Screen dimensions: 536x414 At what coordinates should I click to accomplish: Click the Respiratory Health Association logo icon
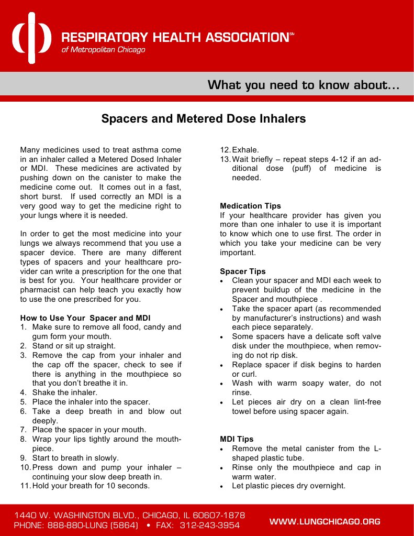(x=31, y=37)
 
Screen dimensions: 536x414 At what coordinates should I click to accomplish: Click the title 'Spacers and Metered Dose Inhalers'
(x=203, y=119)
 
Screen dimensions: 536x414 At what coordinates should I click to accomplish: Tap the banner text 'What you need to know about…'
(x=304, y=85)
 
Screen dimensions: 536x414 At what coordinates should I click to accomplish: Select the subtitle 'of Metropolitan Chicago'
(x=104, y=50)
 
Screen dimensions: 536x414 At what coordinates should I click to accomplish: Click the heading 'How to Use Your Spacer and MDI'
(x=85, y=318)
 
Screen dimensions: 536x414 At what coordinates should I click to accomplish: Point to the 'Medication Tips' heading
(x=250, y=206)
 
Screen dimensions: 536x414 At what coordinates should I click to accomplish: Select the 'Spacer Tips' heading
(x=242, y=271)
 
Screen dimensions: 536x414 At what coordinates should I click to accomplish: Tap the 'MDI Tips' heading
(x=237, y=439)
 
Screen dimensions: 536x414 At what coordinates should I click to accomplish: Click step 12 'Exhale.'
(x=245, y=149)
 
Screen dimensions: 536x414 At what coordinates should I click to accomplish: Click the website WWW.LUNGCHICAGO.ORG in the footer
(x=325, y=521)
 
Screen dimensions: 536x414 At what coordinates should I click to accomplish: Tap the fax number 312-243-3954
(x=209, y=526)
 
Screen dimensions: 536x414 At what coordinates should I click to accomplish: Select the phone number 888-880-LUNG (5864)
(x=93, y=526)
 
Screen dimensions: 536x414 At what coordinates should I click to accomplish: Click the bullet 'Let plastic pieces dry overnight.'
(x=288, y=486)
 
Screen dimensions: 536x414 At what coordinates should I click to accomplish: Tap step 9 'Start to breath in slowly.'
(x=75, y=458)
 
